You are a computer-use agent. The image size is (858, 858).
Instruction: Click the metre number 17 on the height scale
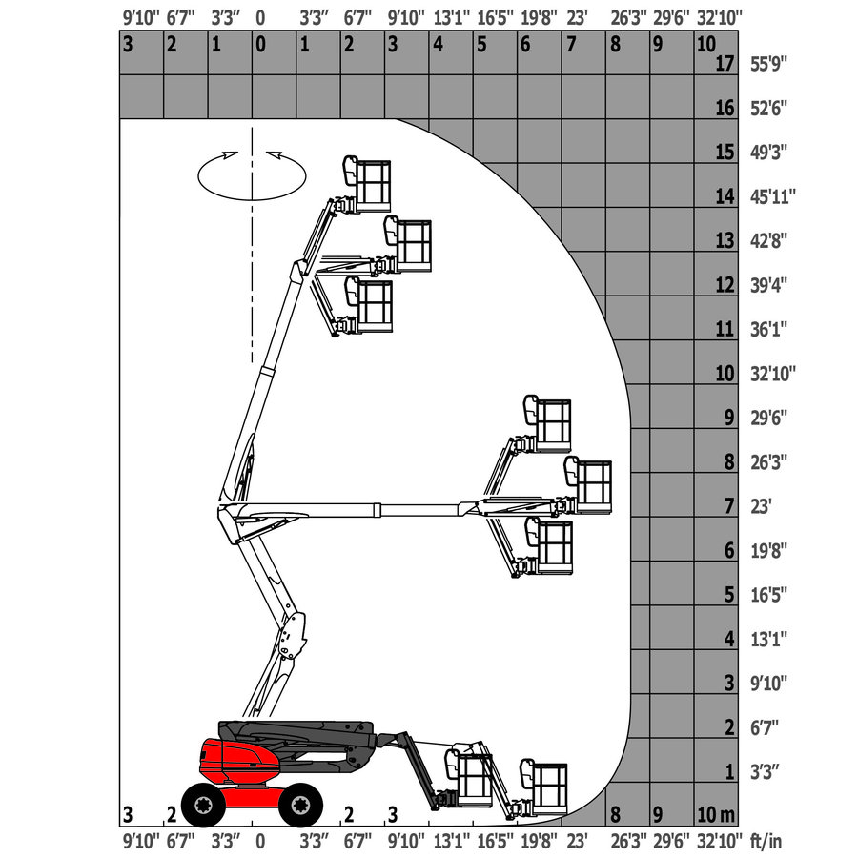tap(725, 64)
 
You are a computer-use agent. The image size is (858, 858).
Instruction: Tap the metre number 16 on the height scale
tap(725, 108)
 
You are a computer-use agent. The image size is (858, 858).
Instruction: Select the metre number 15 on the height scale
tap(725, 153)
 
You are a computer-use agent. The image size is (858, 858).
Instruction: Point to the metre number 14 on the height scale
tap(725, 196)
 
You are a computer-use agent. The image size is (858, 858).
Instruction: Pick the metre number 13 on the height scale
tap(725, 240)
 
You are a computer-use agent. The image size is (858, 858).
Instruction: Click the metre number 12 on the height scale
tap(725, 285)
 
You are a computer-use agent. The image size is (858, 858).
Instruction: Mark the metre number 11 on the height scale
tap(725, 329)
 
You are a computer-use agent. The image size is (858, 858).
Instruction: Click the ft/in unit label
tap(766, 841)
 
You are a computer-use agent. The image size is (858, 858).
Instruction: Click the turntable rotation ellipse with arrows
tap(252, 173)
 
